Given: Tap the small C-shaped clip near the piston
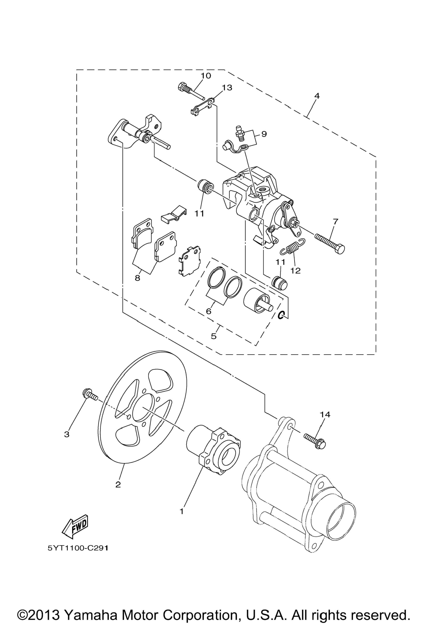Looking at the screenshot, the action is pos(281,315).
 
